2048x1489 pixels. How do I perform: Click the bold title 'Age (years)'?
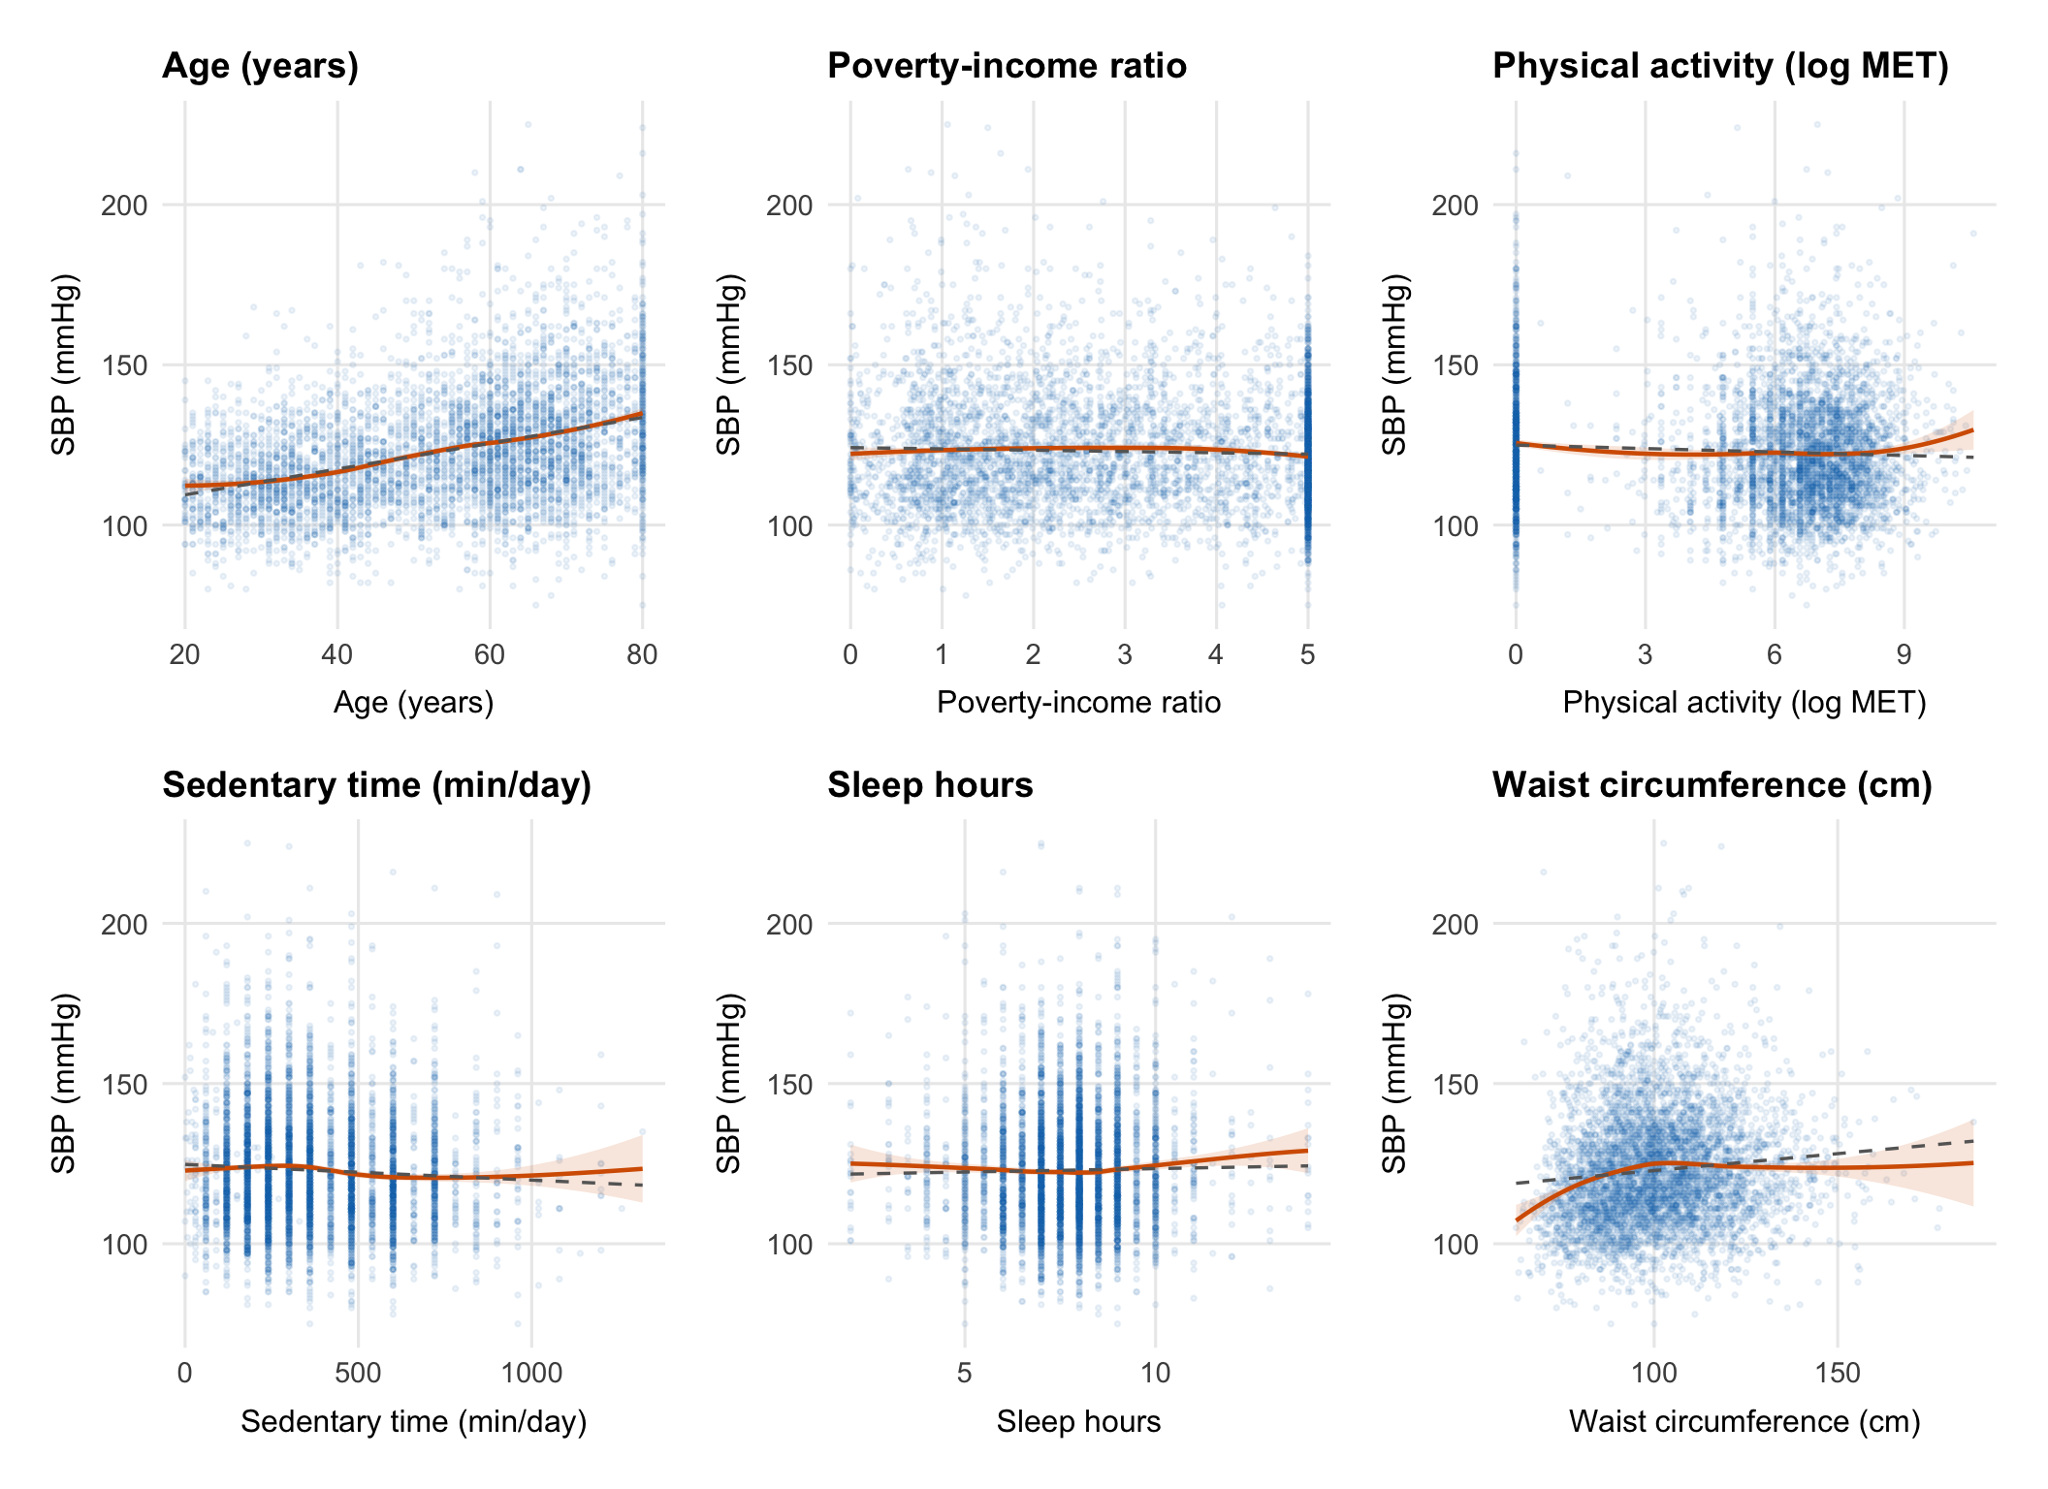click(260, 66)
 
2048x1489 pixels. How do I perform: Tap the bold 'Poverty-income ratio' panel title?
click(1007, 66)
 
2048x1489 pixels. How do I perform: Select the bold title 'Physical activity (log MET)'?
click(1720, 66)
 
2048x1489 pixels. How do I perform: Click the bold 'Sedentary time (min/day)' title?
click(376, 785)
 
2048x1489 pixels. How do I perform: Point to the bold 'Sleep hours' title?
click(930, 785)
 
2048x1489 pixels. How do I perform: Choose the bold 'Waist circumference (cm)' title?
click(1712, 785)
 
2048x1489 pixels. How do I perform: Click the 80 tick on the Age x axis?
click(642, 655)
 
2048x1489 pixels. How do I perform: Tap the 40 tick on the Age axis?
click(337, 655)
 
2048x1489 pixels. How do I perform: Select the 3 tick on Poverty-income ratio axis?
click(1125, 655)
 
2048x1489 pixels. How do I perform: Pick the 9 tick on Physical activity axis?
click(1904, 655)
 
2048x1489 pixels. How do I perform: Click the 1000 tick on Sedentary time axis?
click(531, 1374)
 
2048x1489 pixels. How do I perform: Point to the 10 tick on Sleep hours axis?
click(1155, 1374)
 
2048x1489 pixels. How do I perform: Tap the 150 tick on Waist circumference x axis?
click(1838, 1374)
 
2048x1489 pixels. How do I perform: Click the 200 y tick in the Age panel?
click(124, 206)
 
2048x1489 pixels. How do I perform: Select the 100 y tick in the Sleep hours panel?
click(789, 1245)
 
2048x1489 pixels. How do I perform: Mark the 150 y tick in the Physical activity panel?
click(1455, 366)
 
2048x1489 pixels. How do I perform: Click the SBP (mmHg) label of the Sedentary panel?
click(64, 1083)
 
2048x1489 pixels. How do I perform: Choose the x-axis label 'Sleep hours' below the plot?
click(1078, 1422)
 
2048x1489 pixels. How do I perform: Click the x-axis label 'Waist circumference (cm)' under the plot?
click(1744, 1422)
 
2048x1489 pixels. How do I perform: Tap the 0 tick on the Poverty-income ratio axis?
click(850, 655)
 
